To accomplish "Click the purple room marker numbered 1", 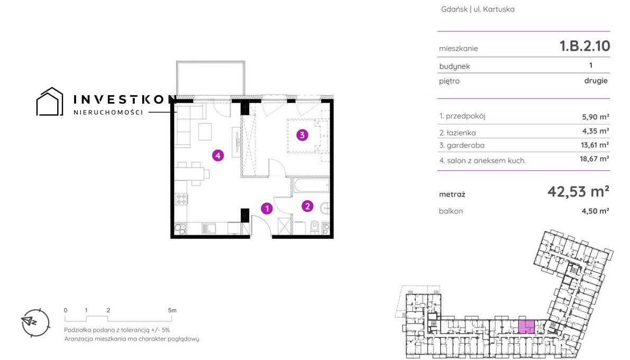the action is [267, 208].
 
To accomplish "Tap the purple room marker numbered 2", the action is [307, 206].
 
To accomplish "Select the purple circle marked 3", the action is [302, 135].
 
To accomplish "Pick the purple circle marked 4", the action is [218, 155].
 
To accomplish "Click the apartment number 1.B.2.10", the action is [585, 46].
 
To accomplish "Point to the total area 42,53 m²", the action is [578, 191].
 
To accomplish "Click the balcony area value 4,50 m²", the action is [596, 211].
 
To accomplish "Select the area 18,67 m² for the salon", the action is [594, 159].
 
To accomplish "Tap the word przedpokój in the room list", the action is [465, 116].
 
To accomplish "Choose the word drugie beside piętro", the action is [596, 81].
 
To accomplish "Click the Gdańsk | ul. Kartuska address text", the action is [478, 9].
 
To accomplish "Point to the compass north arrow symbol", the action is [29, 321].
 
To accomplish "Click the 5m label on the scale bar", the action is [172, 310].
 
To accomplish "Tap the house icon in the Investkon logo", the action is [50, 101].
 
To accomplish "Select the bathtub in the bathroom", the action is [312, 186].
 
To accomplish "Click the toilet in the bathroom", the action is [315, 227].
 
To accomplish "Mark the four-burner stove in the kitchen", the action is [181, 199].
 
